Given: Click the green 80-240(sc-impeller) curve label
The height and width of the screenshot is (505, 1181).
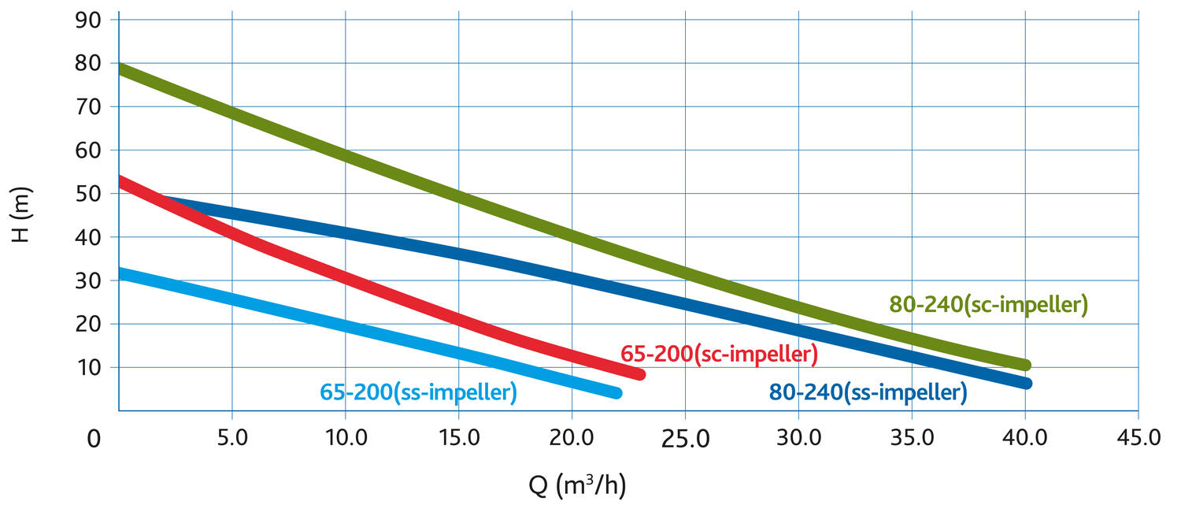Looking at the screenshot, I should tap(988, 305).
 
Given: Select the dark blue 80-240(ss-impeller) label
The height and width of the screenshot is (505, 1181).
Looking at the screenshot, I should tap(868, 392).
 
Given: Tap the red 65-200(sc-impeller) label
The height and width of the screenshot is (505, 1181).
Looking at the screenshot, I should tap(719, 355).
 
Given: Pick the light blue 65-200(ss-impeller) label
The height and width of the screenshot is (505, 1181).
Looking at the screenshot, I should tap(418, 392).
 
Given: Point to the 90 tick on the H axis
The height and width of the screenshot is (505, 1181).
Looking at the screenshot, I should tap(88, 20).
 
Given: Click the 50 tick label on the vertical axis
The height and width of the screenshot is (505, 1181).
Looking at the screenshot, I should tap(88, 194).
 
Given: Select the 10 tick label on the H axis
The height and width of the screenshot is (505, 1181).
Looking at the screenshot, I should tap(88, 367).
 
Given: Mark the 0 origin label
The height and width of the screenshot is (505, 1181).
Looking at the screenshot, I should tap(94, 439).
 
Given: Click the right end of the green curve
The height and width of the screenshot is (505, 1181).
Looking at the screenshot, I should tap(1025, 365).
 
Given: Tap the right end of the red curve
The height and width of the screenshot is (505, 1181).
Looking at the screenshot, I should tap(639, 374).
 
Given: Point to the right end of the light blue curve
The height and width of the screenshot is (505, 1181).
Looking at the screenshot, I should tap(616, 392).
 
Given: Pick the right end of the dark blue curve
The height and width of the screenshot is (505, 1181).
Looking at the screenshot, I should tap(1025, 384).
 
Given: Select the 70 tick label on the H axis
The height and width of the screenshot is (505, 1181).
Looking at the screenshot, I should tap(88, 106).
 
